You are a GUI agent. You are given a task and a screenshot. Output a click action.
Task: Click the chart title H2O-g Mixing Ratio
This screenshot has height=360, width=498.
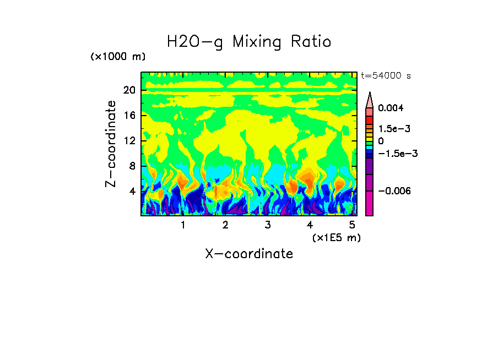249,42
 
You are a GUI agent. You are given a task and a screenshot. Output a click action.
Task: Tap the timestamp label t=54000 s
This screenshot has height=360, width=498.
386,75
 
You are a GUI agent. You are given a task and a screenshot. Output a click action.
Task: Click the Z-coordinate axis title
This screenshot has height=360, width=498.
111,144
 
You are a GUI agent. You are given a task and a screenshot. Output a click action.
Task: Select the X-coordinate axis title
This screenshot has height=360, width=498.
249,254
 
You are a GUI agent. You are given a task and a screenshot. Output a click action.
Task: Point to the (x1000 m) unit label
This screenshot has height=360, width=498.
118,57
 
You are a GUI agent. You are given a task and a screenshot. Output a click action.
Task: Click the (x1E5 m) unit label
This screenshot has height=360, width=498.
335,237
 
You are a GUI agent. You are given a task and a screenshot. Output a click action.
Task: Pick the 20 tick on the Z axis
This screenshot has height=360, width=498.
129,90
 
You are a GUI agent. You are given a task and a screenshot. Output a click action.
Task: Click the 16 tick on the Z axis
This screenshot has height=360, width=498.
129,116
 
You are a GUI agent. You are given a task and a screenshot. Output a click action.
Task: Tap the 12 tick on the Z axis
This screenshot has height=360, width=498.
129,141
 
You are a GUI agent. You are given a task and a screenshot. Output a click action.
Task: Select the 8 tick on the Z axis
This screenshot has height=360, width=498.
132,166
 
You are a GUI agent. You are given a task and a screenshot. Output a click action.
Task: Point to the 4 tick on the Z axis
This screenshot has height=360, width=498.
132,192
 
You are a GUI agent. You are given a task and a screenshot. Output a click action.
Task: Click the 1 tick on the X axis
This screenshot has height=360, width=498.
183,225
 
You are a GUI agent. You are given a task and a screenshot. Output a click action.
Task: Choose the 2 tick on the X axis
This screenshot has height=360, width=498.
225,225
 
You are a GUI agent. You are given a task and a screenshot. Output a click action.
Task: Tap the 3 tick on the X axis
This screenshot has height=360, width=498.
267,225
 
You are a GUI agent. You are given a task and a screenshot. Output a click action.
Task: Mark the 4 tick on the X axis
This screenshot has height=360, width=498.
310,225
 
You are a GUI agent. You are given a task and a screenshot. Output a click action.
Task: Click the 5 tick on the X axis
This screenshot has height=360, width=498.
351,225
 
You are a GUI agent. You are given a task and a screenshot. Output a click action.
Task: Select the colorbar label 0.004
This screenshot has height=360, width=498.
391,108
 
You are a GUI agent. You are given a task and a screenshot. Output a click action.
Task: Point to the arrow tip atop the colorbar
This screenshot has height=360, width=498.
370,94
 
